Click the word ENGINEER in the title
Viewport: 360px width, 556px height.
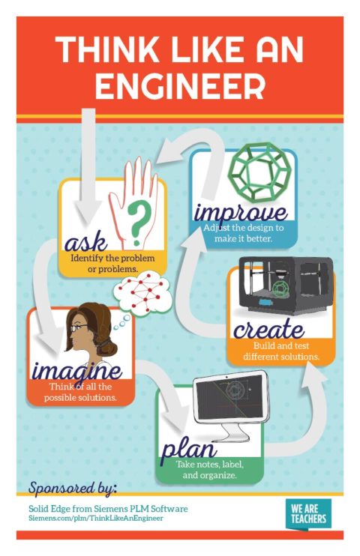tap(180, 85)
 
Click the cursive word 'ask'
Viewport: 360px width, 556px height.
tap(82, 242)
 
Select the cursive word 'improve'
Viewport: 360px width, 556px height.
tap(240, 211)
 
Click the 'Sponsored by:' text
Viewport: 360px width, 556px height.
tap(73, 488)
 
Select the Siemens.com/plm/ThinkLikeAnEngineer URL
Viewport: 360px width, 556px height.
tap(95, 519)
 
